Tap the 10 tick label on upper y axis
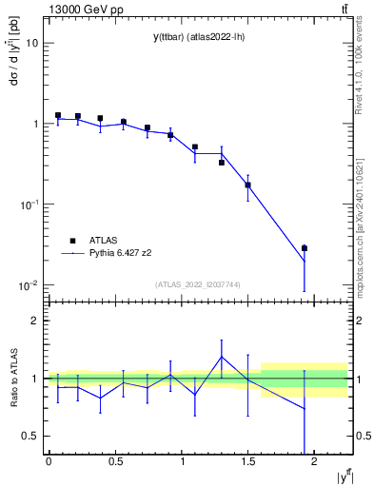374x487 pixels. [32, 43]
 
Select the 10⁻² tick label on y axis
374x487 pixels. [29, 284]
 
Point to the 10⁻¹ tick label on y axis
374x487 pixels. [29, 204]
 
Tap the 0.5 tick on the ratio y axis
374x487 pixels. [31, 436]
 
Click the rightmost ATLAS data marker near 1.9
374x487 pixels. [305, 248]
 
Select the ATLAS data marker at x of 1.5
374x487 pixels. [247, 185]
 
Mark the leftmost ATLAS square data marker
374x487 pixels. [58, 115]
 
